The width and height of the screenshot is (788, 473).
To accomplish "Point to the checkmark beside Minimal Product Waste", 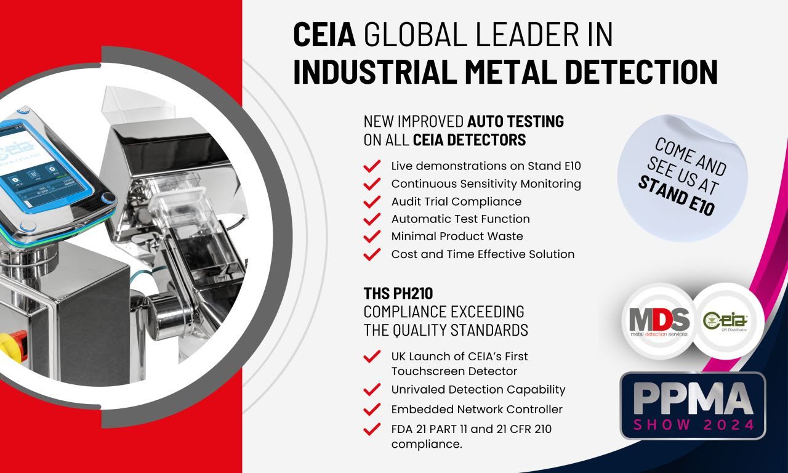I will click(x=371, y=236).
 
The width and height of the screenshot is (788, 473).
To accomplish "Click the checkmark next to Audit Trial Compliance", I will click(x=371, y=202).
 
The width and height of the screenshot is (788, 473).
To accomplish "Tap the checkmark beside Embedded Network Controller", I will click(x=371, y=410).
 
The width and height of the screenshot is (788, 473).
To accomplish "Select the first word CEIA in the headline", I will click(x=324, y=35).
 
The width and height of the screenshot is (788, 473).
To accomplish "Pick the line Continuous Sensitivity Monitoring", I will click(x=486, y=184).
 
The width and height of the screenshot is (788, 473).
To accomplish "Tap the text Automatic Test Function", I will click(x=460, y=219).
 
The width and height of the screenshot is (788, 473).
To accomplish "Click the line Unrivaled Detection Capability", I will click(x=478, y=389).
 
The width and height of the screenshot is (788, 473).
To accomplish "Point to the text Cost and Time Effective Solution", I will click(x=483, y=254).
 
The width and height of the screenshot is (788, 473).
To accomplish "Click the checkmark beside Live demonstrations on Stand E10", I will click(x=371, y=166).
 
